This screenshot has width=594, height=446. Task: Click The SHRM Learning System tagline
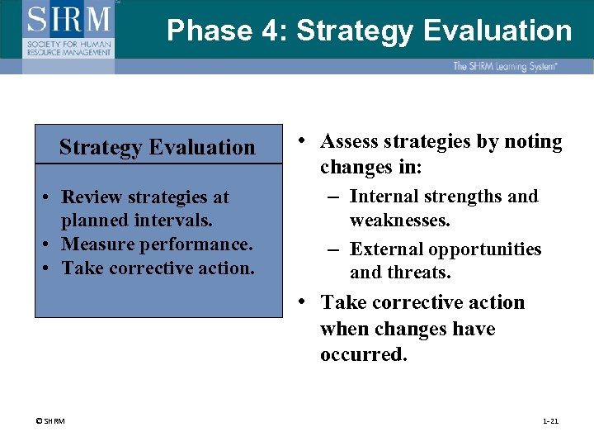(505, 66)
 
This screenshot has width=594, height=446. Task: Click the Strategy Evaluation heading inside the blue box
(158, 147)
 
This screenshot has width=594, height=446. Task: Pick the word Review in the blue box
(92, 197)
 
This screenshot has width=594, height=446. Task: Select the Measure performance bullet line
(157, 244)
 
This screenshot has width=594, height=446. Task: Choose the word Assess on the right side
(351, 142)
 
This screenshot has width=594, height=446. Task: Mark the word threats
(422, 273)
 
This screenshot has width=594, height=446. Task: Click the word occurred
(363, 355)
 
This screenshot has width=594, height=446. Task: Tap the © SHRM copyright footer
(50, 422)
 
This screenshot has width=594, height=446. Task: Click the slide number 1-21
(550, 422)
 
